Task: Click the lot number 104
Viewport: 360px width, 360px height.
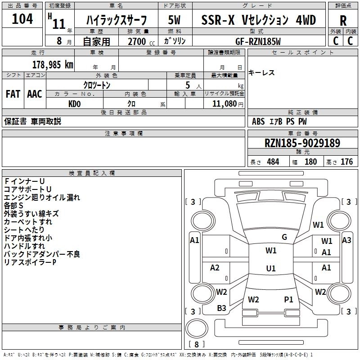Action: click(x=22, y=19)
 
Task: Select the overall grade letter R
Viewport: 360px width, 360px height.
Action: click(x=343, y=21)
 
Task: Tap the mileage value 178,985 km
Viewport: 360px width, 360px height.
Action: click(x=53, y=65)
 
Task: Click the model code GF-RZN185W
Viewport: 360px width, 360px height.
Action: click(x=258, y=41)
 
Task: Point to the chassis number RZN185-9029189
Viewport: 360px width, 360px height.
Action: click(x=302, y=143)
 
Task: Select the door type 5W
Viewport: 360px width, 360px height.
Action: click(x=174, y=20)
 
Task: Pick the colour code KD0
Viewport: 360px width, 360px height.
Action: click(x=75, y=104)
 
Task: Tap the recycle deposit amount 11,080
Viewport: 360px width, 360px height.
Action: click(x=224, y=104)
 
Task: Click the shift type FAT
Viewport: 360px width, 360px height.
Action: click(x=13, y=94)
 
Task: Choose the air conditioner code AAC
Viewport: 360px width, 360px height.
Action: click(x=35, y=94)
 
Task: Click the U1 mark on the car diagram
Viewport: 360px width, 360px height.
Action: click(x=271, y=268)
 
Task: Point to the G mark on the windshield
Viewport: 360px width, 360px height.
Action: click(x=284, y=237)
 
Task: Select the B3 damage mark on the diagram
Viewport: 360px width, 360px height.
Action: click(x=221, y=308)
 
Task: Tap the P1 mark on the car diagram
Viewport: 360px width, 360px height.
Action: click(x=288, y=300)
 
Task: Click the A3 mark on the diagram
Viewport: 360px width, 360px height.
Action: click(x=346, y=240)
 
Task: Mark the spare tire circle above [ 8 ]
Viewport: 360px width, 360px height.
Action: click(x=197, y=328)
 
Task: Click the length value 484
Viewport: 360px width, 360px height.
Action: click(x=273, y=162)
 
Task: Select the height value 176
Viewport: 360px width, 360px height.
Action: click(x=346, y=162)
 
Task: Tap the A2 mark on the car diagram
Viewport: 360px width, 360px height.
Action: click(x=215, y=267)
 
